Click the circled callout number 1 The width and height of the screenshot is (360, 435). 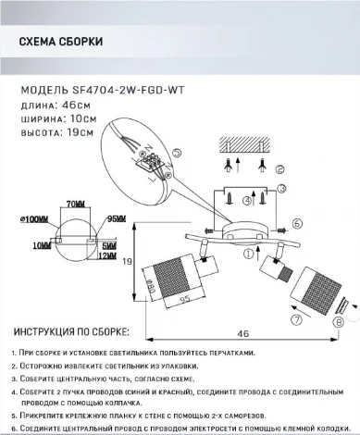pos(247,253)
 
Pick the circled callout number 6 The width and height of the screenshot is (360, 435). pos(297,223)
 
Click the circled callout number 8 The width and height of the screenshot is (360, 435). pos(338,323)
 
